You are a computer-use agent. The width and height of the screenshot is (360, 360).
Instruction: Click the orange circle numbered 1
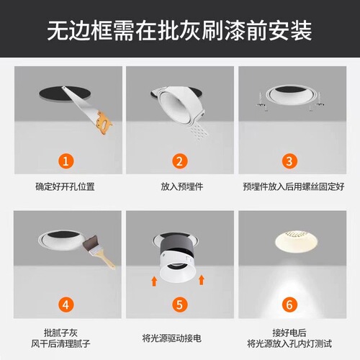click(x=66, y=161)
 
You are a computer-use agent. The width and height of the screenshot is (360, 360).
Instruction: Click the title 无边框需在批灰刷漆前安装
click(x=180, y=30)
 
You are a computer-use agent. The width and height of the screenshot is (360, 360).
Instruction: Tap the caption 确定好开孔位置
click(x=66, y=186)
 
